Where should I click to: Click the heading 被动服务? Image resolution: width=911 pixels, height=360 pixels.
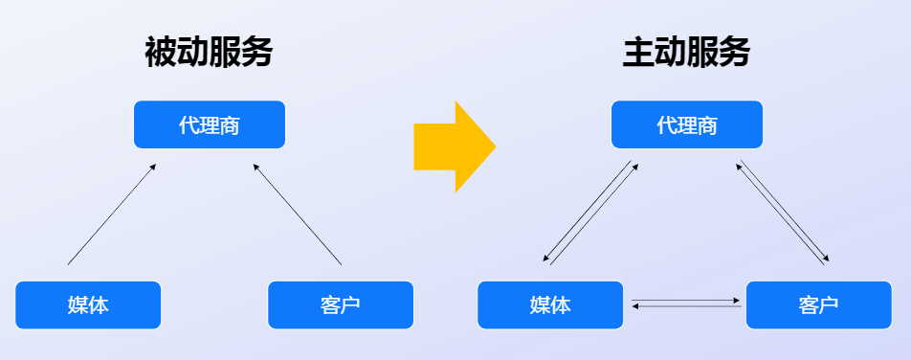pyautogui.click(x=209, y=52)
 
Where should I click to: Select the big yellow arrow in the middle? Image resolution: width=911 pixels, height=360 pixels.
pyautogui.click(x=454, y=146)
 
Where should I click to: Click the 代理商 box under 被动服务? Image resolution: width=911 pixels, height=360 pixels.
pyautogui.click(x=210, y=124)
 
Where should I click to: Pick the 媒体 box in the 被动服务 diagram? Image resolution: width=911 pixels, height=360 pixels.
pyautogui.click(x=88, y=304)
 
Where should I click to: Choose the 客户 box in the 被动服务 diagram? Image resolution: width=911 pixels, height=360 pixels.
pyautogui.click(x=341, y=304)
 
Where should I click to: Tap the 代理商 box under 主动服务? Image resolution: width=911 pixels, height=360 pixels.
pyautogui.click(x=686, y=124)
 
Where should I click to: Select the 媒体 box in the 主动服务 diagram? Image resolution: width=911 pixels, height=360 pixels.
pyautogui.click(x=550, y=304)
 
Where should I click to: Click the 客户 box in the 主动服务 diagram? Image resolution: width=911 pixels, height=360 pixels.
pyautogui.click(x=818, y=304)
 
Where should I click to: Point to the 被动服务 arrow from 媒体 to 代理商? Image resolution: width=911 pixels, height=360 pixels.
pyautogui.click(x=111, y=214)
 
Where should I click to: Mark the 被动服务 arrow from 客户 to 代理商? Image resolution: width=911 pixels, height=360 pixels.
pyautogui.click(x=298, y=214)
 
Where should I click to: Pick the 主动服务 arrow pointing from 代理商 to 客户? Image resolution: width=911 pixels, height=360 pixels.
pyautogui.click(x=787, y=209)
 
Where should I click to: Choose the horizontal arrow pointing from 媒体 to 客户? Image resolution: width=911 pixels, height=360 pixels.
pyautogui.click(x=686, y=301)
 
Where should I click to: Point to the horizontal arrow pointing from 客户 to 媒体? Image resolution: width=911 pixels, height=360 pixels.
pyautogui.click(x=686, y=306)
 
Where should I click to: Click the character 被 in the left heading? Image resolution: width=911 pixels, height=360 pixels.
pyautogui.click(x=160, y=52)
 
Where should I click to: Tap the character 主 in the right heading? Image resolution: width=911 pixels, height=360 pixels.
pyautogui.click(x=636, y=52)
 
